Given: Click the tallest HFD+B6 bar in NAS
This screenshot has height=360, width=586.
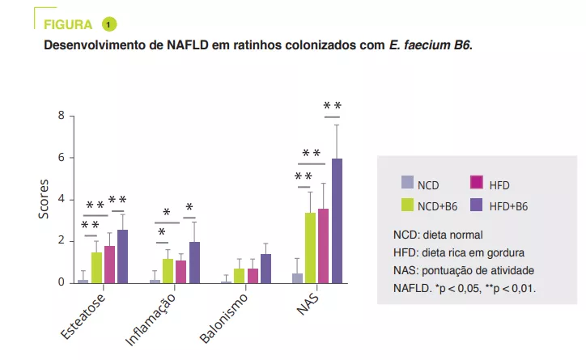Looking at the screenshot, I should coord(337,221).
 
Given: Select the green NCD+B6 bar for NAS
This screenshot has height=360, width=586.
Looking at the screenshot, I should coord(310,248).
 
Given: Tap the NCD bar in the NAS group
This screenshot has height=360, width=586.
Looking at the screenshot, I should coord(297,278).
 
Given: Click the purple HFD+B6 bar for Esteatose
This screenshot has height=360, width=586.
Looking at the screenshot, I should coord(122,256).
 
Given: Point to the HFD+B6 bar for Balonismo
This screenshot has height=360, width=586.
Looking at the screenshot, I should coord(265,269).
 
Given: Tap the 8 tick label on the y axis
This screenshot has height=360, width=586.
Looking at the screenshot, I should coord(60,116).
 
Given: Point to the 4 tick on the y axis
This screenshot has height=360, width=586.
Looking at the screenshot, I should coord(60,200).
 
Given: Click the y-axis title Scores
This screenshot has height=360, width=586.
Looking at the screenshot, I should coord(45,199).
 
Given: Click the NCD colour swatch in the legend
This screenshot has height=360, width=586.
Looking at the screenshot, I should coord(408,184).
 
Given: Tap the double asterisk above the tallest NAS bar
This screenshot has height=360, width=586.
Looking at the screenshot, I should coord(332,106).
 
